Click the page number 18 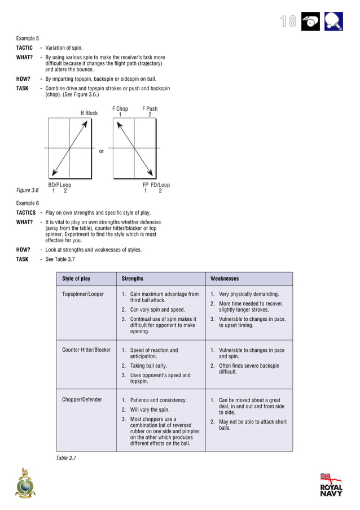point(288,21)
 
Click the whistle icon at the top point(310,21)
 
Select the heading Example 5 point(27,38)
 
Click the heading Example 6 point(27,203)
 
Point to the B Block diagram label point(89,113)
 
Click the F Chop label point(120,109)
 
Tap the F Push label point(150,109)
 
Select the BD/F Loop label point(59,185)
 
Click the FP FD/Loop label point(156,185)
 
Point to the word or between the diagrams point(102,151)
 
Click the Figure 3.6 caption point(27,190)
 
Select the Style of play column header point(76,278)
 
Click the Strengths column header point(133,278)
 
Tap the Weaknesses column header point(225,278)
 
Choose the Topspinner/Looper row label point(83,294)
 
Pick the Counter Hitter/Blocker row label point(86,350)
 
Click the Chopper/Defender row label point(82,400)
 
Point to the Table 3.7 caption point(66,458)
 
